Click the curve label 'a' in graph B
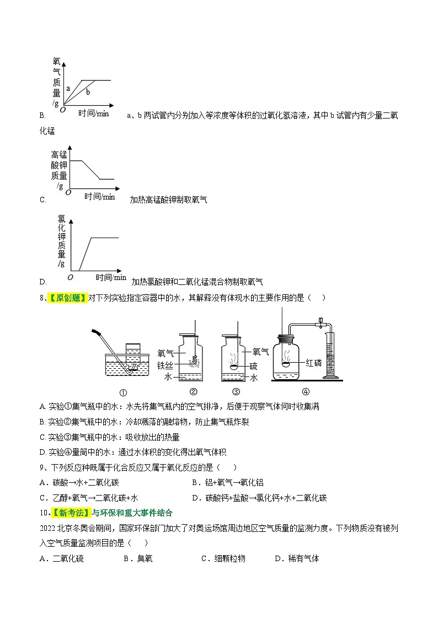point(68,88)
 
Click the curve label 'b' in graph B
point(87,92)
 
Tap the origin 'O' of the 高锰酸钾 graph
point(68,192)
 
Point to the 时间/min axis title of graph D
point(110,277)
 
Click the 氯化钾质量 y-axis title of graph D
point(62,236)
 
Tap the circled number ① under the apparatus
point(123,392)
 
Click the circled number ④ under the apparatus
point(306,392)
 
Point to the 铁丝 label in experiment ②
point(165,365)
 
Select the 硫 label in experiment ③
point(253,365)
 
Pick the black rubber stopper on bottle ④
point(286,338)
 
